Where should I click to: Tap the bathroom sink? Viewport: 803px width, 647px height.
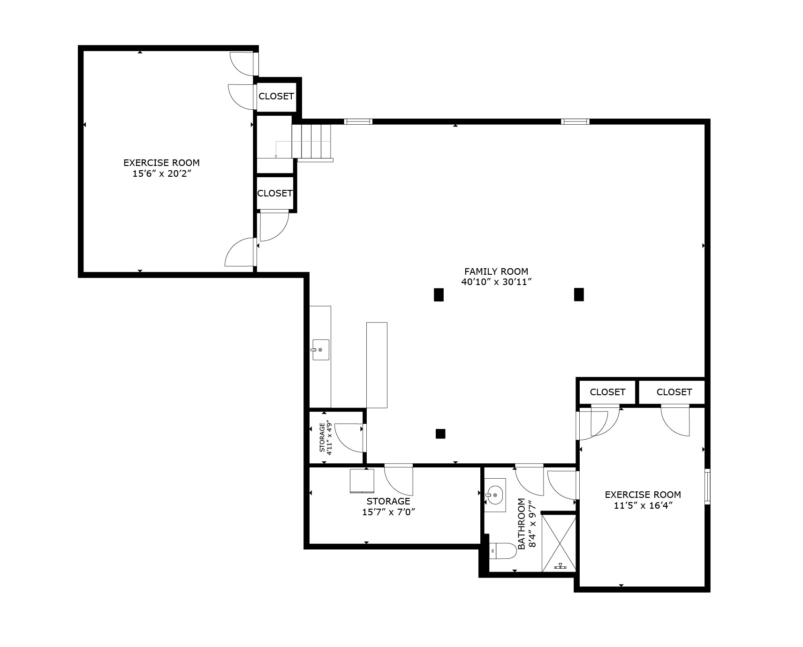tap(494, 494)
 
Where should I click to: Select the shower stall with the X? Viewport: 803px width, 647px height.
tap(559, 543)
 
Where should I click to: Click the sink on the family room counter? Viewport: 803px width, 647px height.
tap(320, 350)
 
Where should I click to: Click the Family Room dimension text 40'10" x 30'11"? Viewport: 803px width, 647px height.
tap(496, 282)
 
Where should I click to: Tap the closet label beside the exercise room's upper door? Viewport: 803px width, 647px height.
tap(276, 96)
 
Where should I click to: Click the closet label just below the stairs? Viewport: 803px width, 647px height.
tap(275, 193)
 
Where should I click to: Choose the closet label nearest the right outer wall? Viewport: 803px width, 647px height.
tap(674, 392)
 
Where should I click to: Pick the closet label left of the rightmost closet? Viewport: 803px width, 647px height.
tap(607, 392)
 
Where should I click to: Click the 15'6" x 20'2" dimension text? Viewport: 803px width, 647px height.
tap(161, 174)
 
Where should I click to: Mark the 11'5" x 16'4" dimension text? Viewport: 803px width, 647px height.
tap(643, 505)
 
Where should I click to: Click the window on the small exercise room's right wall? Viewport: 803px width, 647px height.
tap(707, 486)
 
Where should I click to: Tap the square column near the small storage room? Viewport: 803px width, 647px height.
tap(440, 434)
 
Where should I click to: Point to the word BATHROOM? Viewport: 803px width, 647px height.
tap(521, 523)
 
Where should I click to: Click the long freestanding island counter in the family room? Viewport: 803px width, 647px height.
tap(377, 365)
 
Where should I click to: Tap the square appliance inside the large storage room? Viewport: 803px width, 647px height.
tap(362, 481)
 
